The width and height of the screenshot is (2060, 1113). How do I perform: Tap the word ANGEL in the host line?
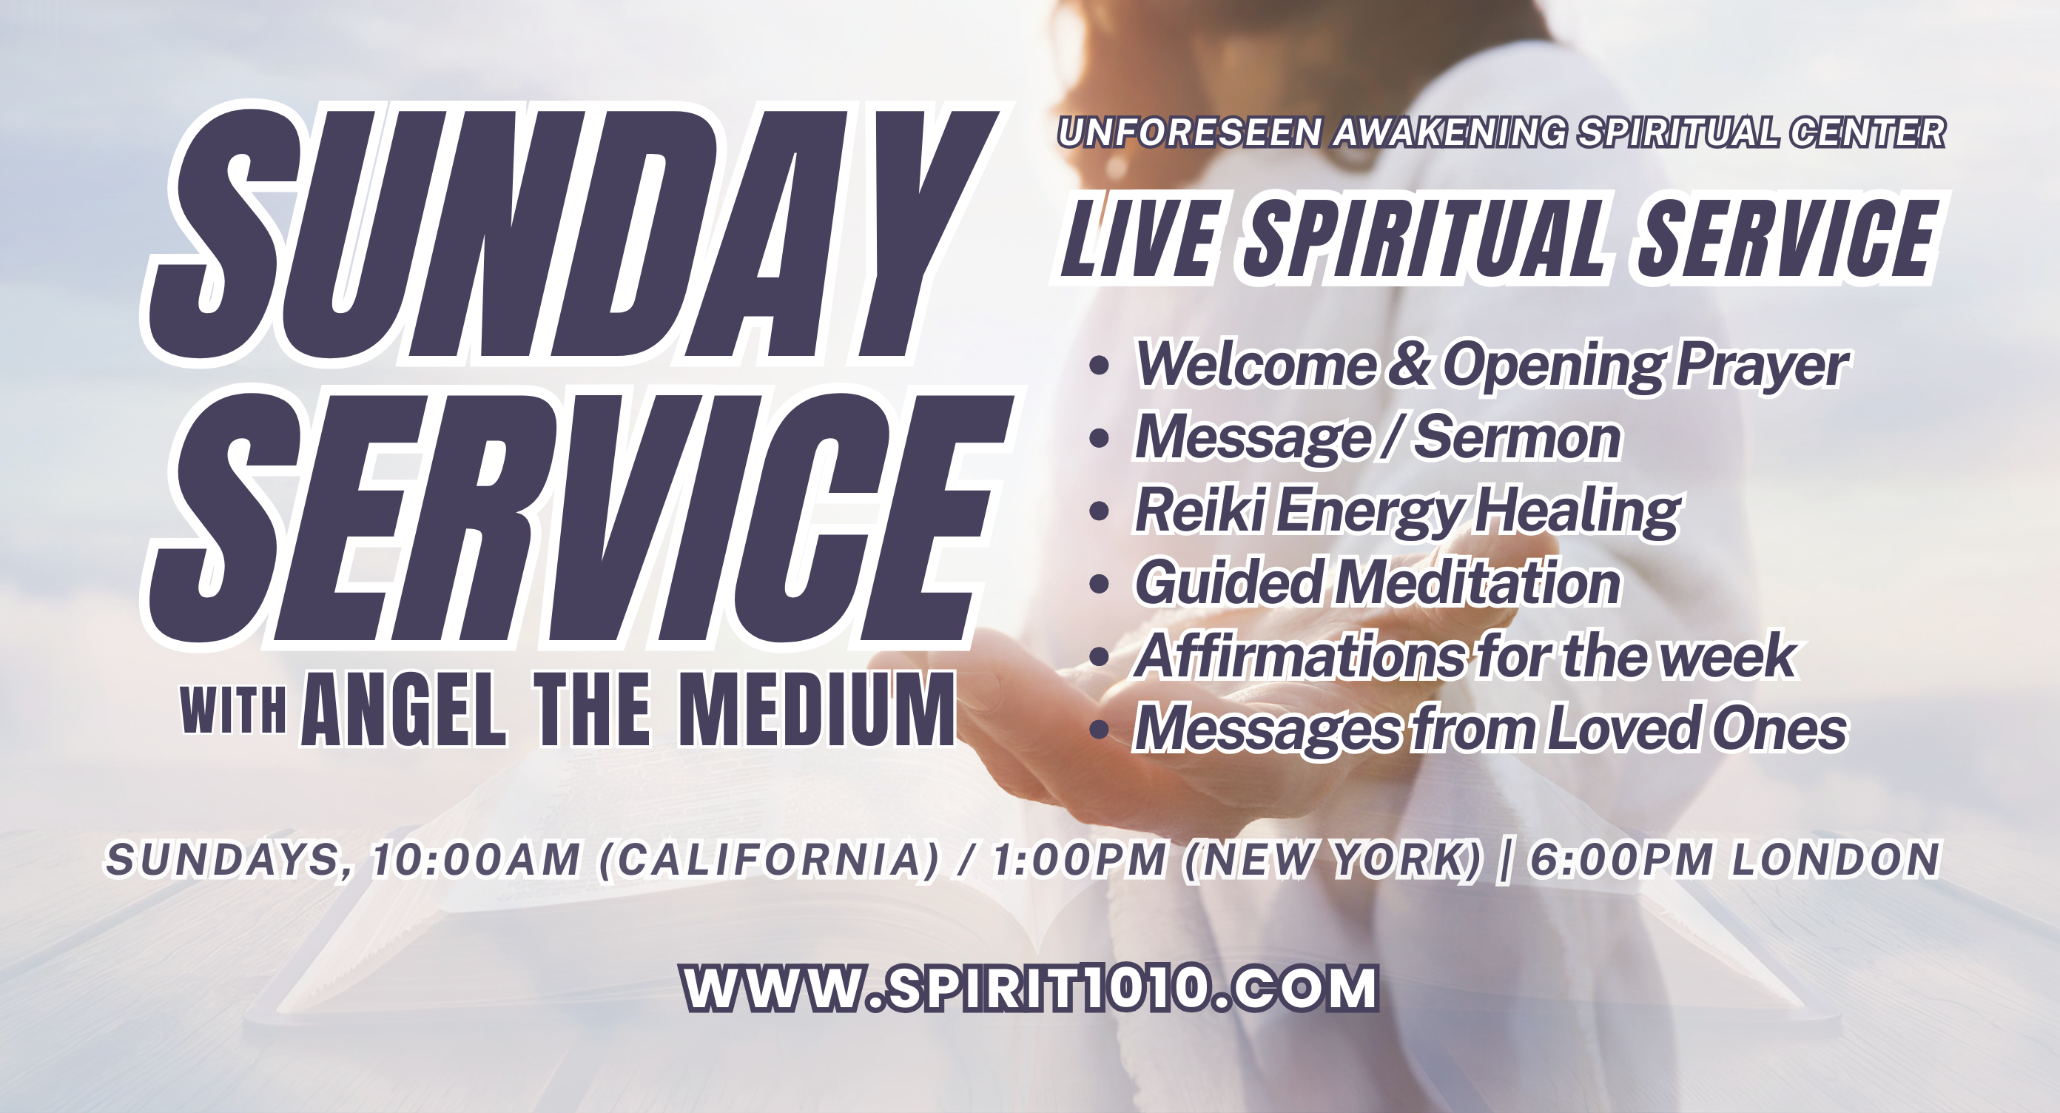click(x=404, y=710)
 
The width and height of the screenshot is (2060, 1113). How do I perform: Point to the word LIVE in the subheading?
click(x=1140, y=238)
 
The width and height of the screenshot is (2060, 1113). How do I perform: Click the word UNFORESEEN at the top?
click(x=1189, y=132)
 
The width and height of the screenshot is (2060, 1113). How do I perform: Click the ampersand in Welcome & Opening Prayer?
click(x=1409, y=364)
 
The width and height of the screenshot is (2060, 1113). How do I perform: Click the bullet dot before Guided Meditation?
click(x=1100, y=584)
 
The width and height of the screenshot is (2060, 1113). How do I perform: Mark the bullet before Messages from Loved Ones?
click(x=1100, y=730)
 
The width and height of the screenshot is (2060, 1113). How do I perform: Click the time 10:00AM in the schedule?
click(x=477, y=859)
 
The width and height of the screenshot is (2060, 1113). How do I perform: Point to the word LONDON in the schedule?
click(x=1835, y=859)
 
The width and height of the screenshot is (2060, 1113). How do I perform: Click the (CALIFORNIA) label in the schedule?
click(x=770, y=859)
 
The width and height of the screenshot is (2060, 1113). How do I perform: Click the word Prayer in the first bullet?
click(x=1762, y=366)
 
